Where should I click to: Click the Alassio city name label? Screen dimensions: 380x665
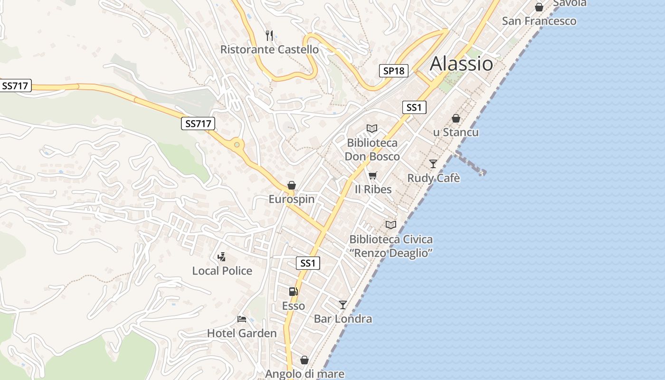[461, 64]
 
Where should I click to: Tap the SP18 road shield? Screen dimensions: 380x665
[394, 71]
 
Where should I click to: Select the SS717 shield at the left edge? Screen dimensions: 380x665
[16, 86]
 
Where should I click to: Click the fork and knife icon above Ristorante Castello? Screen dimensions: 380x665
[269, 35]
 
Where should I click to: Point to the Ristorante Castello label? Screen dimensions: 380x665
[269, 49]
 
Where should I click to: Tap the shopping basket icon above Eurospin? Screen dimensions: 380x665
[292, 185]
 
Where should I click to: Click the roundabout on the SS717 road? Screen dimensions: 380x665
[236, 144]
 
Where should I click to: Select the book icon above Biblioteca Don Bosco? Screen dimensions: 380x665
[372, 129]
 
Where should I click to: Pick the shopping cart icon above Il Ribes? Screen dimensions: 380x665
[373, 176]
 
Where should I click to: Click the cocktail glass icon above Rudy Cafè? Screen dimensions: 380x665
[433, 164]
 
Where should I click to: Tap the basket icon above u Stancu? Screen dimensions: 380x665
[456, 118]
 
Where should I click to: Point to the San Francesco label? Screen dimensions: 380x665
[539, 21]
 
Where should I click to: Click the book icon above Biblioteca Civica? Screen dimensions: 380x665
[391, 225]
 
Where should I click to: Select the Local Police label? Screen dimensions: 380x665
[222, 271]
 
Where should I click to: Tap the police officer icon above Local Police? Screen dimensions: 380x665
[221, 257]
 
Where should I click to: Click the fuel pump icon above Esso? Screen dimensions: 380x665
[294, 292]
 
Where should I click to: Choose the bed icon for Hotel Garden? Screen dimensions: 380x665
[242, 319]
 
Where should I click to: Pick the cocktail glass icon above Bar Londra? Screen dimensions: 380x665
[343, 304]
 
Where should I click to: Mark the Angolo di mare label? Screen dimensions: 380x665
[304, 374]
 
